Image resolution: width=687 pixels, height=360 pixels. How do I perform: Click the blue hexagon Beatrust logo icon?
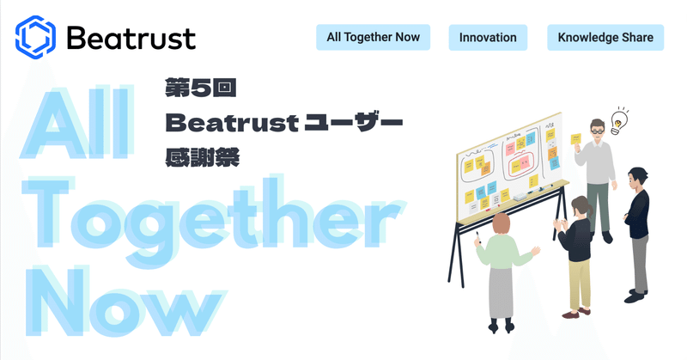point(35,36)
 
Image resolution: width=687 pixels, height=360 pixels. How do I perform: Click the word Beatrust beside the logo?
point(131,38)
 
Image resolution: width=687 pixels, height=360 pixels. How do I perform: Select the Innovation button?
point(488,37)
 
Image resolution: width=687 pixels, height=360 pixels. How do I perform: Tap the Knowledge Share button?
point(605,37)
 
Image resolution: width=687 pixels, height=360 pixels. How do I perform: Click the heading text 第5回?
point(195,87)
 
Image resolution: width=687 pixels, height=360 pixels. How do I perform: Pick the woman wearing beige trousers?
point(578,249)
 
